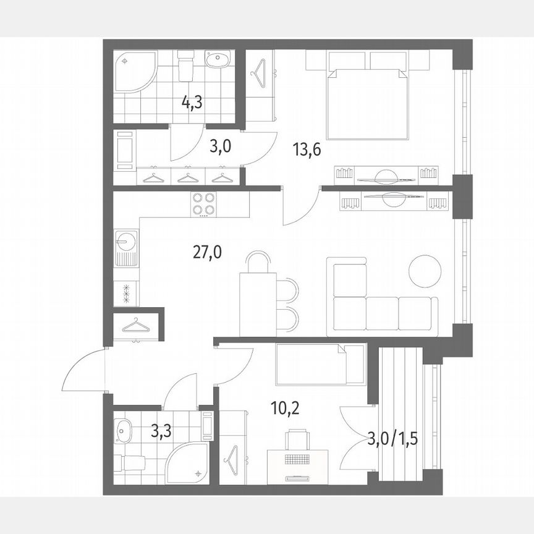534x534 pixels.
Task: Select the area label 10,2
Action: pos(286,408)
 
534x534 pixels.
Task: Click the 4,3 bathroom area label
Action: pos(192,103)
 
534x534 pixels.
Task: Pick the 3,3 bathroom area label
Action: pos(163,431)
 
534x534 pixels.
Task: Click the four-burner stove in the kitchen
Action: pos(204,204)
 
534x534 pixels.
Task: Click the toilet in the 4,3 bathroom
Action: pos(185,65)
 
